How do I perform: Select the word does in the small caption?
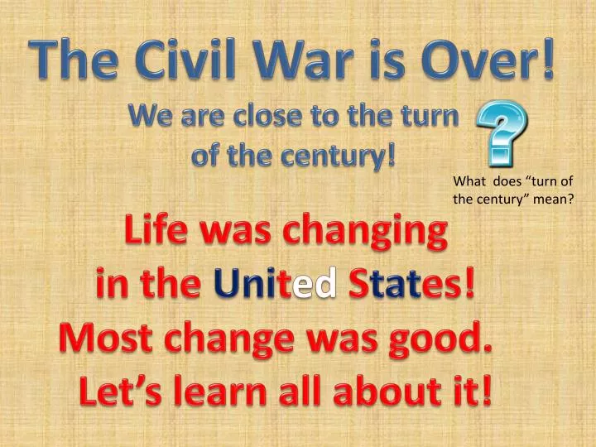(507, 183)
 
